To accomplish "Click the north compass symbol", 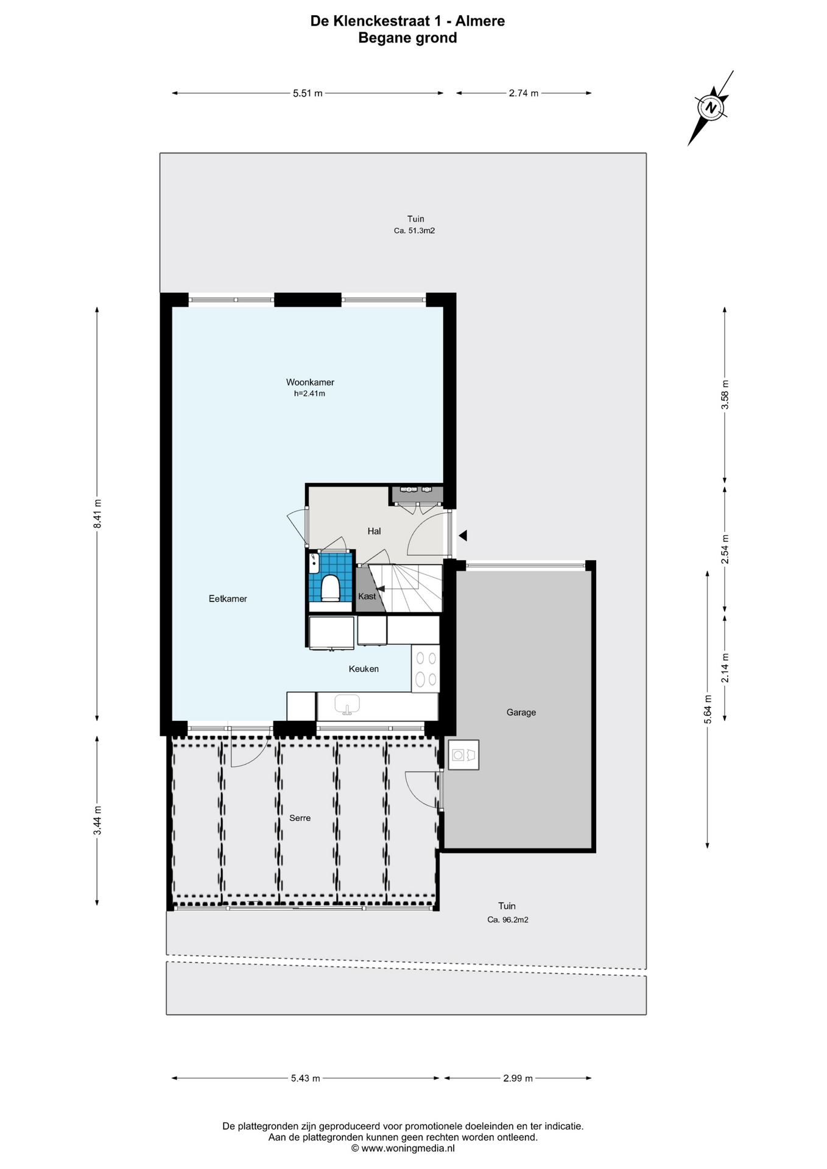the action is pos(711,108).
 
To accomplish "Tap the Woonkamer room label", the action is pos(310,382).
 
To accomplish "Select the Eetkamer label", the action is pos(228,599).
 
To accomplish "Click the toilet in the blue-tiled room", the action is pos(330,588).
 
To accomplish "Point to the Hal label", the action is pos(374,531).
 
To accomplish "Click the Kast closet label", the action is pos(367,596).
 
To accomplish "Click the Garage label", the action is pos(521,712).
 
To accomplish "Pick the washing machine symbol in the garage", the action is pos(463,755).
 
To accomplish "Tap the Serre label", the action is pos(300,818).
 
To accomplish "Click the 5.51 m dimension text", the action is pos(308,93).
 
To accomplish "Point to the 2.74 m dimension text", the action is pos(524,93).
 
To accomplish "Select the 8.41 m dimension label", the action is pos(97,514).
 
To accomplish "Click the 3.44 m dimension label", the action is pos(97,821).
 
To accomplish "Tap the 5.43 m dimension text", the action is pos(305,1078).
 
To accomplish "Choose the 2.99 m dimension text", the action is pos(518,1078).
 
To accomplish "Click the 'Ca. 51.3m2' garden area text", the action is pos(414,231).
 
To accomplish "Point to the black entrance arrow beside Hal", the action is pos(463,536).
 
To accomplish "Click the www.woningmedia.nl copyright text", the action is pos(403,1148).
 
